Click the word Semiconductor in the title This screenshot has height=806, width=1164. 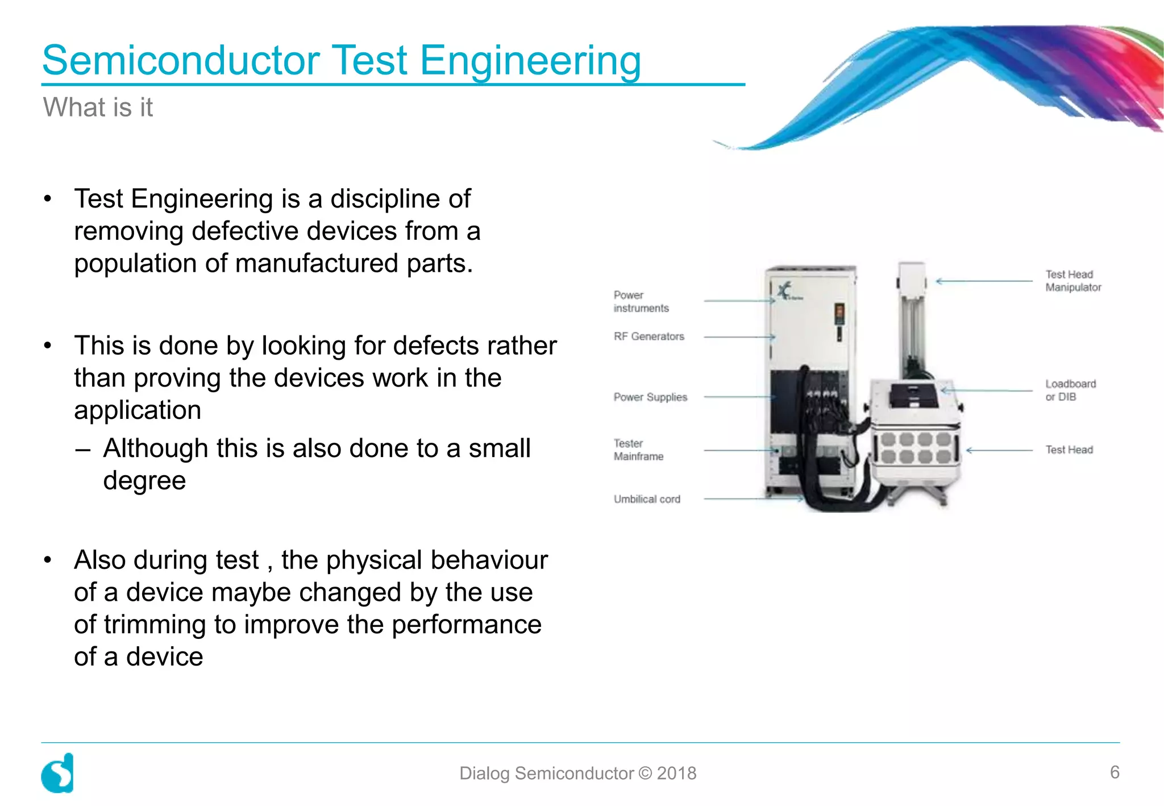(x=181, y=60)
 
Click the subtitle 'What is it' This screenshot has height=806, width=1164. (x=98, y=107)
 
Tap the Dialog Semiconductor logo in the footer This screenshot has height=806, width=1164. (x=57, y=773)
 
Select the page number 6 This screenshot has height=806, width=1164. (x=1115, y=772)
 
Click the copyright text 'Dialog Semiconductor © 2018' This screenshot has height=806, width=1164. (x=577, y=773)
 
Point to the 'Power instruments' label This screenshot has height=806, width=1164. (x=641, y=301)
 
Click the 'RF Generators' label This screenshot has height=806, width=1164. (x=648, y=336)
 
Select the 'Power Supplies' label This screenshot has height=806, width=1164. (x=650, y=397)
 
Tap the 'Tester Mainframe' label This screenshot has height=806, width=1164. (x=638, y=450)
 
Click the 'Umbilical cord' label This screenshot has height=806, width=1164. (x=646, y=499)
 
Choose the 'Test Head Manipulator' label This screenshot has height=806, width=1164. (x=1072, y=281)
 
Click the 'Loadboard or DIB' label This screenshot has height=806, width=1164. (x=1070, y=390)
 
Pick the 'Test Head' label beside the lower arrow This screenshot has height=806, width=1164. (x=1069, y=450)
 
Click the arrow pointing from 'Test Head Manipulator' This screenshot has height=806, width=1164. (x=984, y=281)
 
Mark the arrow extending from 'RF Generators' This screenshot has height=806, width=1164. (x=739, y=337)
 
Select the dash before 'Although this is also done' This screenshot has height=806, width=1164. (x=82, y=450)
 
